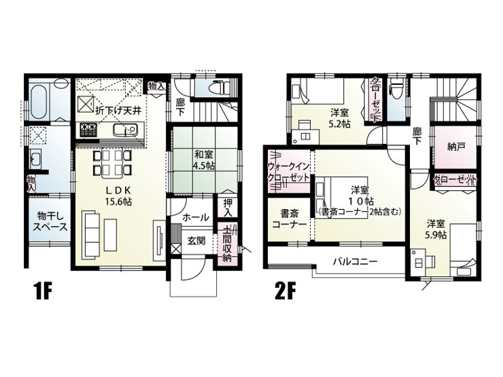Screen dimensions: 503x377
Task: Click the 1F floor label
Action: click(42, 291)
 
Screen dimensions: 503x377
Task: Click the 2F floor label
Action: click(285, 291)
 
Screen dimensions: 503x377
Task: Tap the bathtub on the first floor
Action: click(39, 98)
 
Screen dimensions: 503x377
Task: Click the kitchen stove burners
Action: click(88, 130)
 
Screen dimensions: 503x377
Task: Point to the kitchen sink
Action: click(125, 130)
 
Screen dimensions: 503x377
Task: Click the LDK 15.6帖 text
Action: click(119, 196)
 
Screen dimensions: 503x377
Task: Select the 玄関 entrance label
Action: click(196, 240)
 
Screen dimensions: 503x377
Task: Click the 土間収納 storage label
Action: click(227, 245)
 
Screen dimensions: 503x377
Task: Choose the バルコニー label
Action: click(354, 262)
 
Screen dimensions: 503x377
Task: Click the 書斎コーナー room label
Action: click(290, 218)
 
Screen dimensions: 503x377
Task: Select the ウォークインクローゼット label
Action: click(289, 172)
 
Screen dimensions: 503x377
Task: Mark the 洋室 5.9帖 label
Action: click(436, 229)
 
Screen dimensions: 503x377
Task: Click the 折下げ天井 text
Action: click(118, 111)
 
